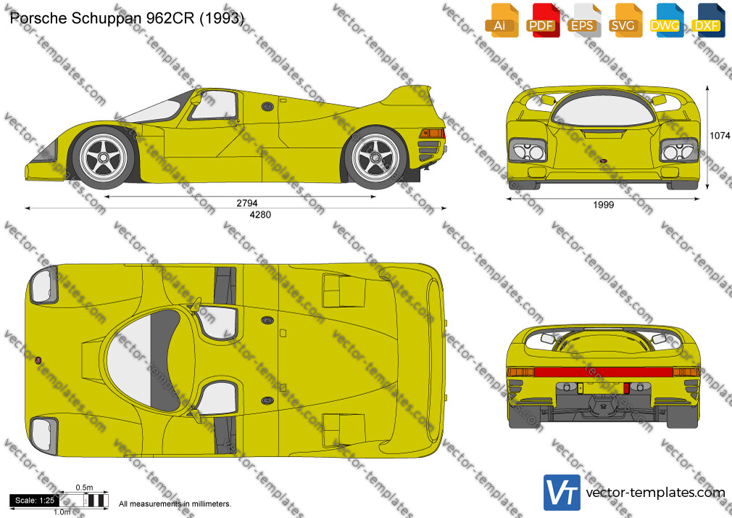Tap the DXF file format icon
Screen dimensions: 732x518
[x=708, y=20]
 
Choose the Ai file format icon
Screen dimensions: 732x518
[x=502, y=20]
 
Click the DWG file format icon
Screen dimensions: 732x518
[x=667, y=20]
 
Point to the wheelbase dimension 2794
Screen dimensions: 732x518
[x=247, y=203]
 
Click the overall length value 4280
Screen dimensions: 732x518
[x=260, y=215]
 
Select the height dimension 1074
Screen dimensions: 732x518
[x=720, y=136]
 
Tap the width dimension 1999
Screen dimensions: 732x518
[x=603, y=205]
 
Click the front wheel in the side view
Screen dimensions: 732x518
[x=103, y=157]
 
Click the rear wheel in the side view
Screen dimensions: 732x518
[x=375, y=157]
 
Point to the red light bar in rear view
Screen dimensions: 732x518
[x=603, y=372]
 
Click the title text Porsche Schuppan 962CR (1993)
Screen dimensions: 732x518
[x=127, y=18]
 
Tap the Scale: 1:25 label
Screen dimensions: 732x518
[x=35, y=501]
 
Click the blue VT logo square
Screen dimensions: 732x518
[x=562, y=493]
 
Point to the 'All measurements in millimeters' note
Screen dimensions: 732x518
[x=175, y=504]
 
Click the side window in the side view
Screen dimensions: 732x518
[x=214, y=105]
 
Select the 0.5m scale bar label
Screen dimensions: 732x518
[x=84, y=488]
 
